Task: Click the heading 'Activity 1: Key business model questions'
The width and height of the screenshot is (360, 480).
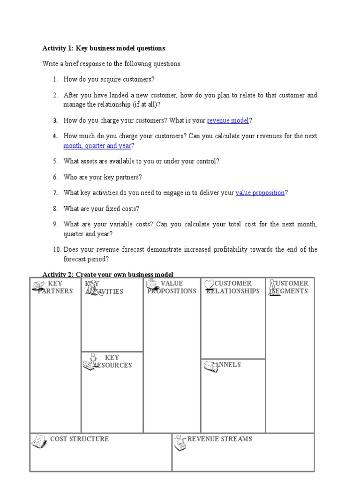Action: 104,48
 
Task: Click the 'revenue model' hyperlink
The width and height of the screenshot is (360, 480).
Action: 228,120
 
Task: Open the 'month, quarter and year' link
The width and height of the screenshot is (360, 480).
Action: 97,146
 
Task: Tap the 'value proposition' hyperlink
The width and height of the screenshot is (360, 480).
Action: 260,193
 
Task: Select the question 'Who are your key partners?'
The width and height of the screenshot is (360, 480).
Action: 103,177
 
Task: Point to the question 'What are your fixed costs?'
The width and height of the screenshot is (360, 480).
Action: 101,209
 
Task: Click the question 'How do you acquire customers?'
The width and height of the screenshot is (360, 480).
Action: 109,79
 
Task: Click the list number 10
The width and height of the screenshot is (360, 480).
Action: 56,249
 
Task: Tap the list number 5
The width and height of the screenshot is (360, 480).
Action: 55,161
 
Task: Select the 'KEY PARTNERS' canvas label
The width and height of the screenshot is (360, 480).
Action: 55,287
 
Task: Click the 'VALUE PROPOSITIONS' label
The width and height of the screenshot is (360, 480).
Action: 172,287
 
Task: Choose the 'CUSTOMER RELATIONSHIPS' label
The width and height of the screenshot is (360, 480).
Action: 233,287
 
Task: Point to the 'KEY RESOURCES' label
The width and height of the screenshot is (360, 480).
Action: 112,361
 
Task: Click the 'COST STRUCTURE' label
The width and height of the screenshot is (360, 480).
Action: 79,439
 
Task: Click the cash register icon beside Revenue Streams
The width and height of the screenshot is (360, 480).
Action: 180,442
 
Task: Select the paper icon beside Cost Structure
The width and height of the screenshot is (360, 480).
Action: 39,441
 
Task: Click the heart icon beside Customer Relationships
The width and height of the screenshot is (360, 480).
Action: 209,285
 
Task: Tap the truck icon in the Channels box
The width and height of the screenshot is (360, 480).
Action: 210,367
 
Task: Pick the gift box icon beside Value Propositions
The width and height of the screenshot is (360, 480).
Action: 152,284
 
